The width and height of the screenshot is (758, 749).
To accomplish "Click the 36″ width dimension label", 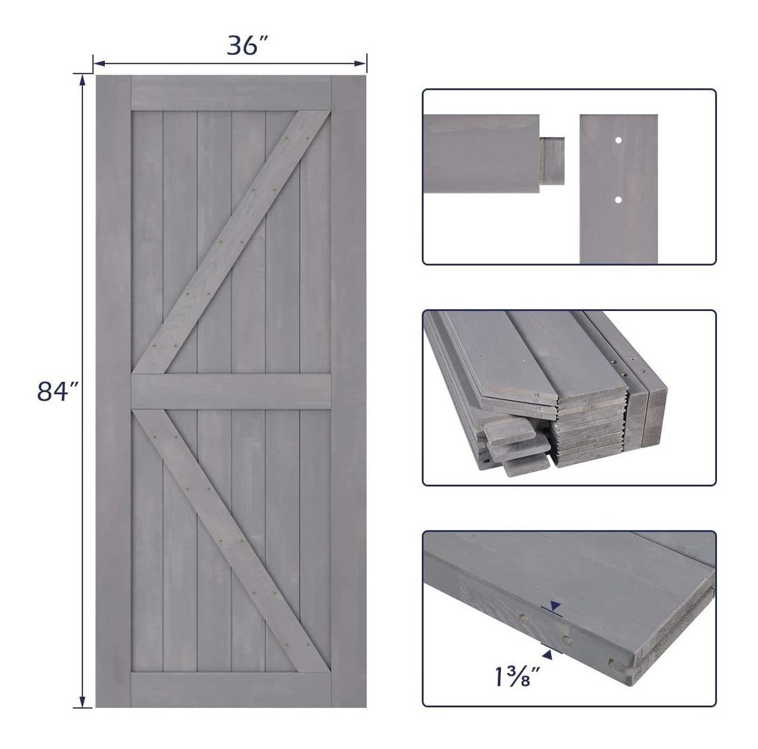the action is pos(248,45).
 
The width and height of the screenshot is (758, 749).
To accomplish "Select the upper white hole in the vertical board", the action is pos(618,140).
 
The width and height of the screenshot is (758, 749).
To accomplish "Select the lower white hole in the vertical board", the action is pos(618,200).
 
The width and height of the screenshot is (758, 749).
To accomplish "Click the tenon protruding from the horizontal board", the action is pos(552,161).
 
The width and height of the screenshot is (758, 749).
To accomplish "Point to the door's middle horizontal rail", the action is pos(231,391).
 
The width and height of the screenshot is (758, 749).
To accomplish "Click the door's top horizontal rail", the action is pos(231,93).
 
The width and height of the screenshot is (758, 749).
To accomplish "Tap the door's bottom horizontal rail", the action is pos(231,690).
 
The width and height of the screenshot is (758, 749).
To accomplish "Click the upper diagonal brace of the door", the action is pos(232,242).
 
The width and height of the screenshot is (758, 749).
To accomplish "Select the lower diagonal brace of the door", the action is pos(232,540).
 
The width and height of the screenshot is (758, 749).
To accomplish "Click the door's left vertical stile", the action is pos(114,391).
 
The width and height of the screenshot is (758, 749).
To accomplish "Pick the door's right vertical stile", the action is pos(349,391).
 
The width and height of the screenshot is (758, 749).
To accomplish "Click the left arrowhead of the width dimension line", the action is pos(99,63).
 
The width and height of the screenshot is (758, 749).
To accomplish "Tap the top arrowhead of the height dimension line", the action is pos(82,80).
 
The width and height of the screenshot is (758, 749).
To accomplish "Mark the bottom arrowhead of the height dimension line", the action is pos(82,702).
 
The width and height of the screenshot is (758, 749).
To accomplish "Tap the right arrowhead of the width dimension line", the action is pos(361,63).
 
